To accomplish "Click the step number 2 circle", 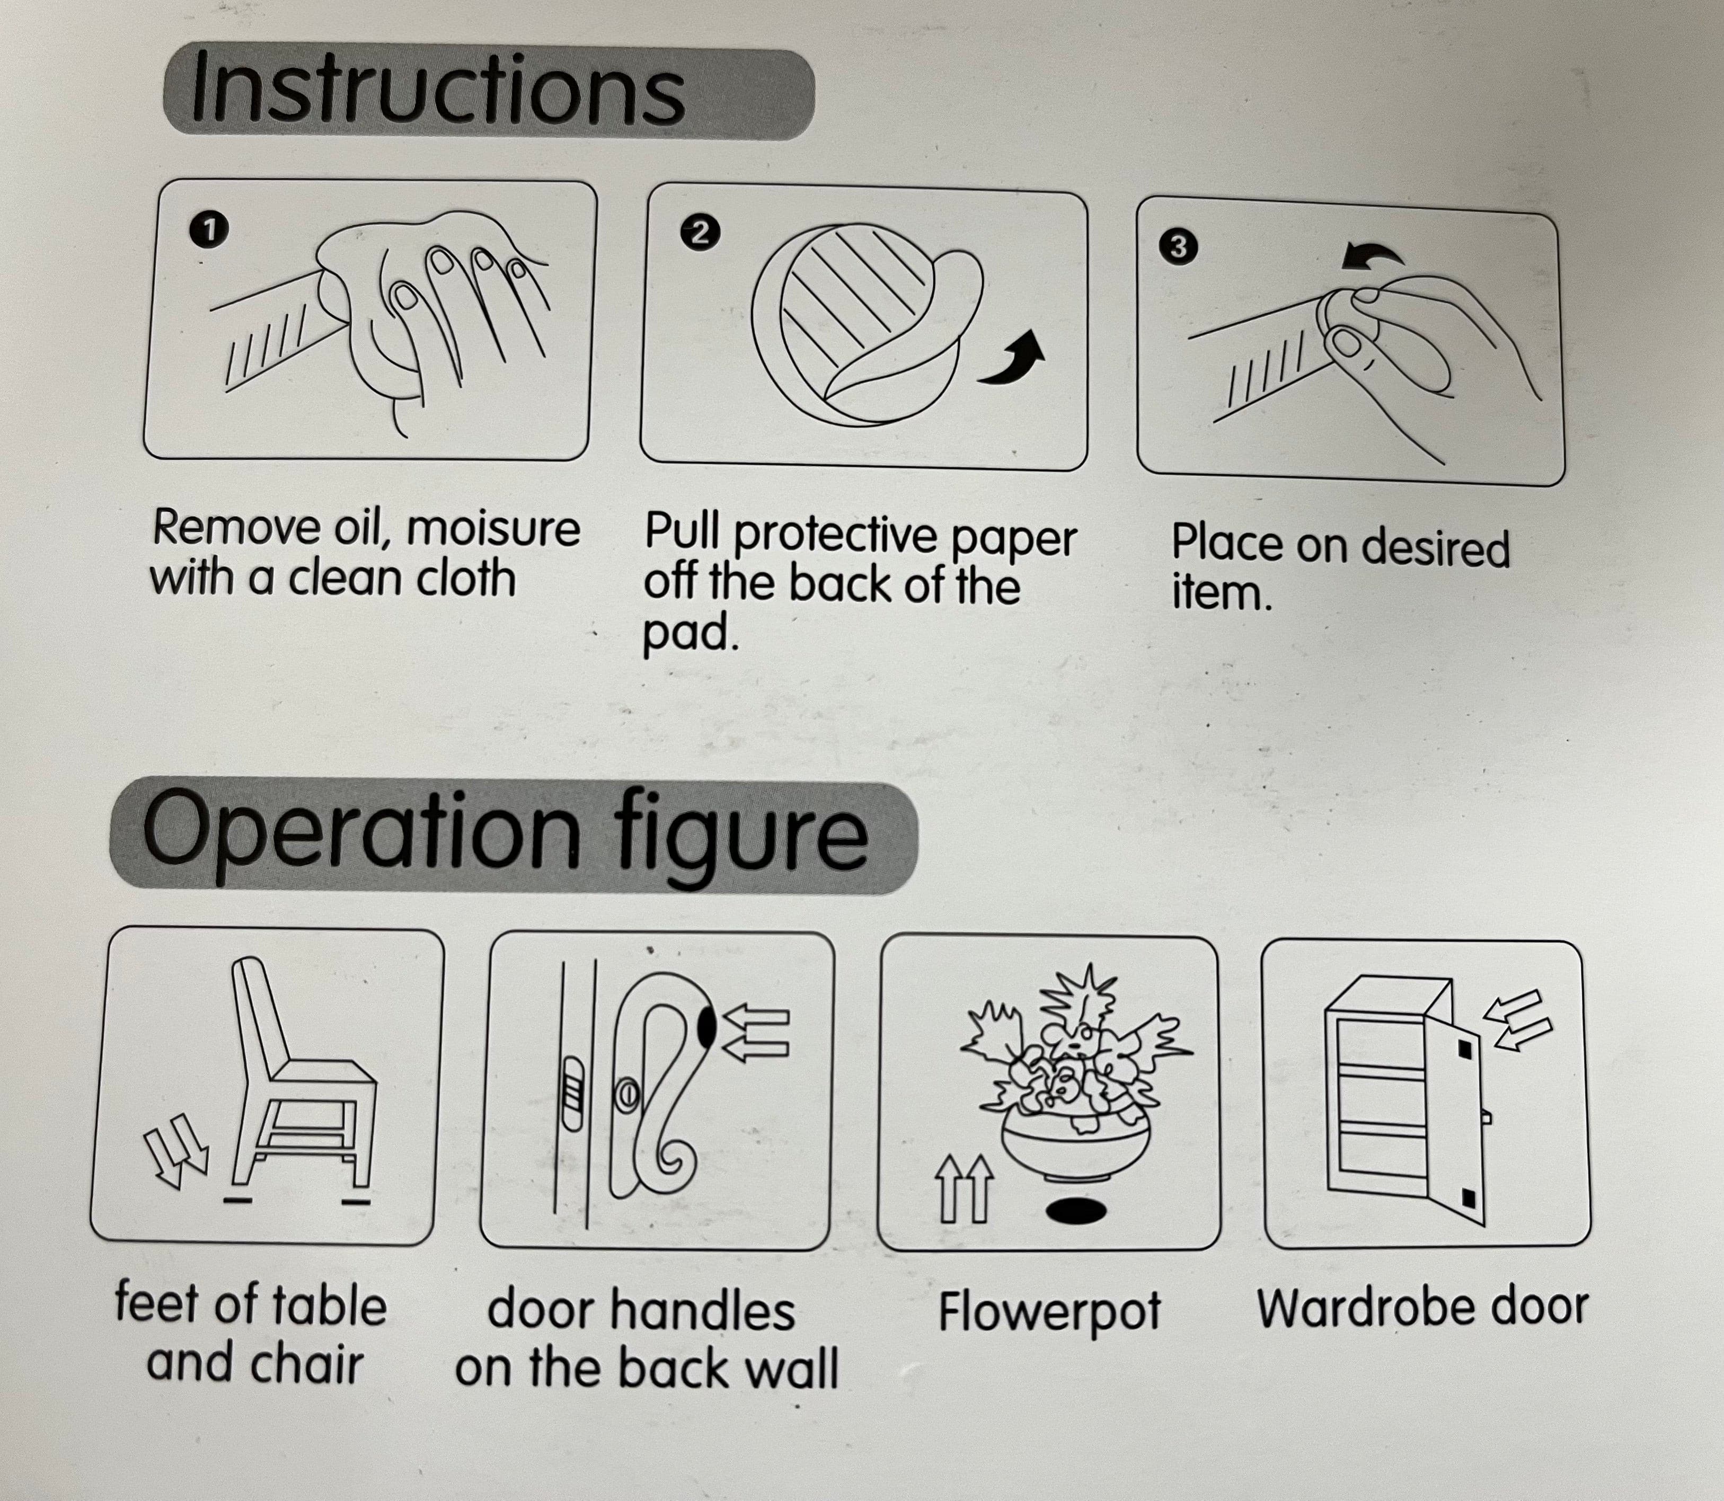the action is point(700,232).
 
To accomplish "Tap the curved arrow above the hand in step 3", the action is point(1372,255).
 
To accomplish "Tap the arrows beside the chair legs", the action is point(176,1152).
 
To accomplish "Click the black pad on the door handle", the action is point(707,1027).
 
